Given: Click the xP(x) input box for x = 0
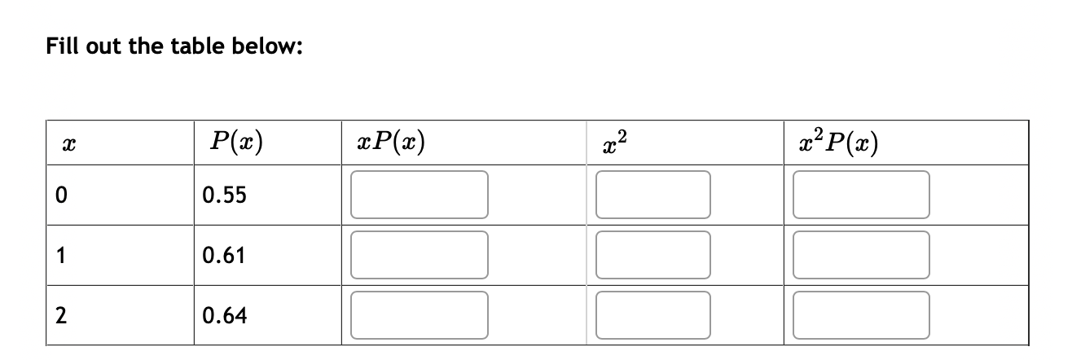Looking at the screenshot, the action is point(420,195).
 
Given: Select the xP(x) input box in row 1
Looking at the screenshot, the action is point(420,255).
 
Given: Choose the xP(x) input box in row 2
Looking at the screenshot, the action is point(420,314).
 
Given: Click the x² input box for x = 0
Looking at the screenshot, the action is point(652,195).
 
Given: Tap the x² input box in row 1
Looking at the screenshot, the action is point(652,255).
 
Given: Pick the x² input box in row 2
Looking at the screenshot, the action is point(652,314).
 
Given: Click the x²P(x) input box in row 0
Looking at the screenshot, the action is point(862,195).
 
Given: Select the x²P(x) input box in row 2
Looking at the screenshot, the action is point(862,314).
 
